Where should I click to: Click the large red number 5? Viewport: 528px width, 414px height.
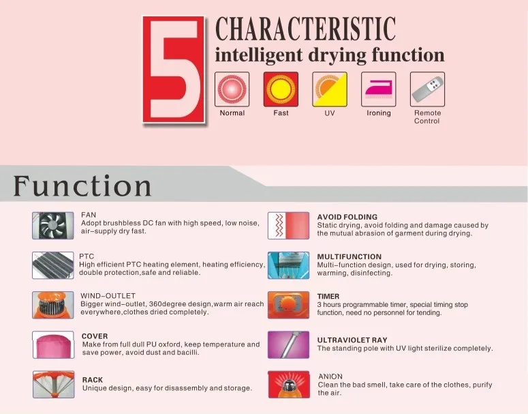click(174, 70)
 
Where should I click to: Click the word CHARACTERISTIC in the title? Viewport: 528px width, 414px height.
click(305, 29)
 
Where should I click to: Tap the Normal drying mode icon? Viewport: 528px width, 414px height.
click(232, 89)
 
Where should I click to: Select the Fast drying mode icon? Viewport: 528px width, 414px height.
click(281, 89)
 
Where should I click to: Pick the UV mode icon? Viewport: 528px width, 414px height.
click(330, 89)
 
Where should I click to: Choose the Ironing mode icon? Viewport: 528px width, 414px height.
click(379, 89)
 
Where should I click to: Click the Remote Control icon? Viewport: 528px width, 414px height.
click(427, 89)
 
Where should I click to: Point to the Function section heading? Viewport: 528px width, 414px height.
click(82, 186)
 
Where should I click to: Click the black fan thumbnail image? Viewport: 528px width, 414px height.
click(53, 225)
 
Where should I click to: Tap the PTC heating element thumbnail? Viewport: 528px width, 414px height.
click(53, 265)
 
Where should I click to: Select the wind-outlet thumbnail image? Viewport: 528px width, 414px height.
click(53, 305)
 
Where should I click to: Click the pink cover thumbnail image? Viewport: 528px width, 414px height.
click(53, 344)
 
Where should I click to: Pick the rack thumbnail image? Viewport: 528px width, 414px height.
click(53, 384)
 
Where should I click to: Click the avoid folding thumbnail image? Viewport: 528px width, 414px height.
click(289, 225)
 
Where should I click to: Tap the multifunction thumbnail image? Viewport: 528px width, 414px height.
click(289, 265)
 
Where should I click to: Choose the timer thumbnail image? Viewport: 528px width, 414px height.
click(289, 305)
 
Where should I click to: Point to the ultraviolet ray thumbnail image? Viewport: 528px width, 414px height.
click(289, 344)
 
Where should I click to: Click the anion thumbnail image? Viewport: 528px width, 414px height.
click(289, 384)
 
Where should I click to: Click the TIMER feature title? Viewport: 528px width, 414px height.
click(328, 297)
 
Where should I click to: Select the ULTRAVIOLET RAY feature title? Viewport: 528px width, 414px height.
click(352, 340)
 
